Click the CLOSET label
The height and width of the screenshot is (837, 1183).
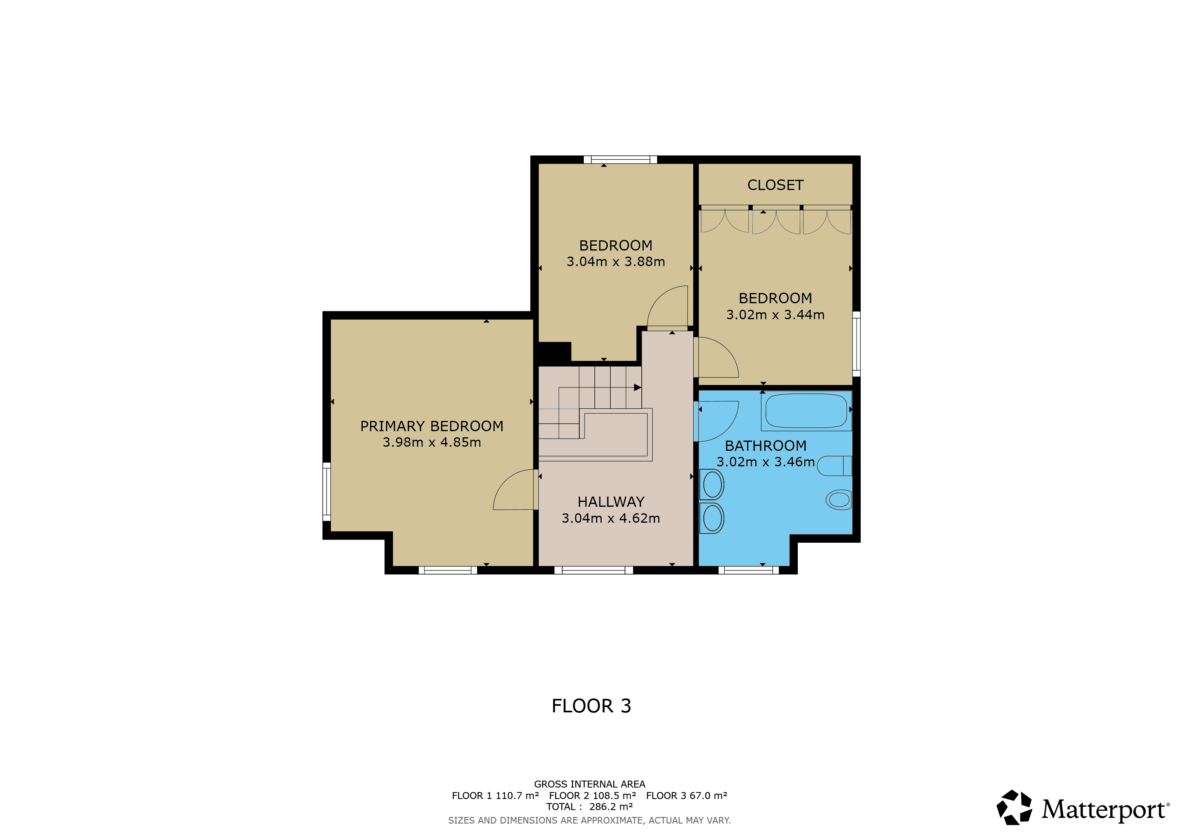(775, 185)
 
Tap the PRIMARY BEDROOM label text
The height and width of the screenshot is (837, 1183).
(432, 426)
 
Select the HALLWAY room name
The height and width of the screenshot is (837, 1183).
(611, 502)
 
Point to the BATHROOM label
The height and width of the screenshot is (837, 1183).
(766, 446)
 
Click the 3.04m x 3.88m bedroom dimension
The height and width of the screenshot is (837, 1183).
(616, 262)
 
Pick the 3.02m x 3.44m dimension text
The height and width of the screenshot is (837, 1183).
(775, 315)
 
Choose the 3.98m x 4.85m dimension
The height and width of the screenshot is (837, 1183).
(432, 443)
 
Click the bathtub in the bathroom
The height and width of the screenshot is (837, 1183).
(806, 411)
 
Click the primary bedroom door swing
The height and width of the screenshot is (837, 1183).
(502, 482)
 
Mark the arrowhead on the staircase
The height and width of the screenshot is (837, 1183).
(637, 387)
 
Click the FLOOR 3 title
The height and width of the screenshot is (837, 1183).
(591, 706)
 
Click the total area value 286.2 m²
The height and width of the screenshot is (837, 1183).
(611, 807)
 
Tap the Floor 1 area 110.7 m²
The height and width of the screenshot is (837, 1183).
(517, 796)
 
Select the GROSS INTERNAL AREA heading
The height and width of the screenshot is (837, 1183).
(589, 784)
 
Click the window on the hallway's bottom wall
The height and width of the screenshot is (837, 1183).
(593, 571)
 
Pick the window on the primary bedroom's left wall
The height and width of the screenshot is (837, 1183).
(327, 492)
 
